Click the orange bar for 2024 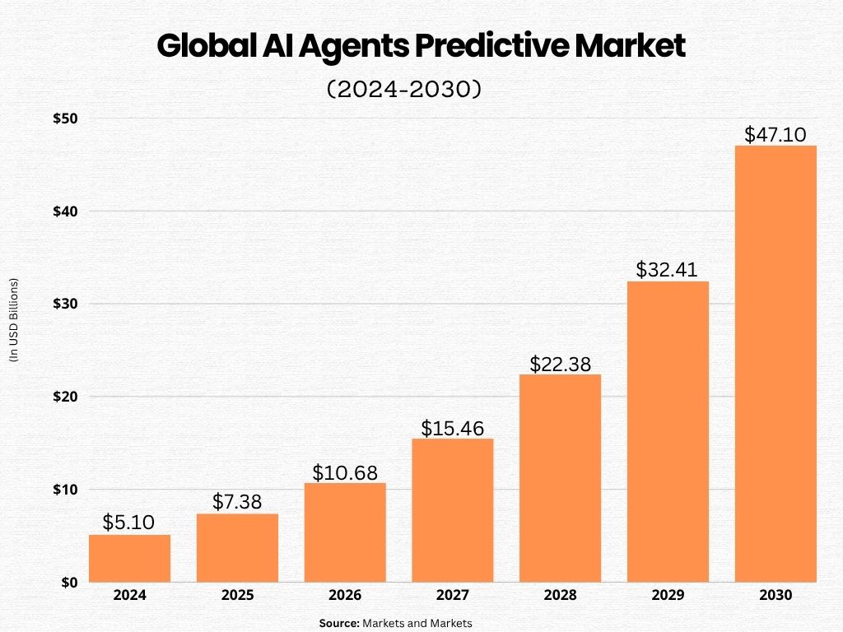(129, 559)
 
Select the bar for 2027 (452, 510)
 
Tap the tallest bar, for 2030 (775, 364)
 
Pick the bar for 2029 (668, 432)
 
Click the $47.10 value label (775, 134)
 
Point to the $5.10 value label (129, 523)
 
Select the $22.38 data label (560, 364)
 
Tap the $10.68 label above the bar (345, 472)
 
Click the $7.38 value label (237, 502)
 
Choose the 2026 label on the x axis (345, 595)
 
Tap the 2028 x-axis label (560, 595)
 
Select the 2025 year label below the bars (237, 595)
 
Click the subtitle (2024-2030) (403, 89)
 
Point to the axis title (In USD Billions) (13, 321)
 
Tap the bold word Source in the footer (339, 624)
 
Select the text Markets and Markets (417, 624)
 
